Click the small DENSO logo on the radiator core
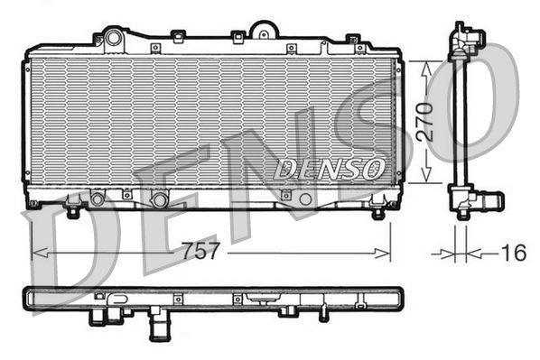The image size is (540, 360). click(x=331, y=167)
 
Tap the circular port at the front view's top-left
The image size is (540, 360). click(x=113, y=38)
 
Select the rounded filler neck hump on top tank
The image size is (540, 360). click(x=263, y=31)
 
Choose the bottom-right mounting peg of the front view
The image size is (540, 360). click(x=377, y=212)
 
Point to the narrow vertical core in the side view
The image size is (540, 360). click(x=461, y=117)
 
